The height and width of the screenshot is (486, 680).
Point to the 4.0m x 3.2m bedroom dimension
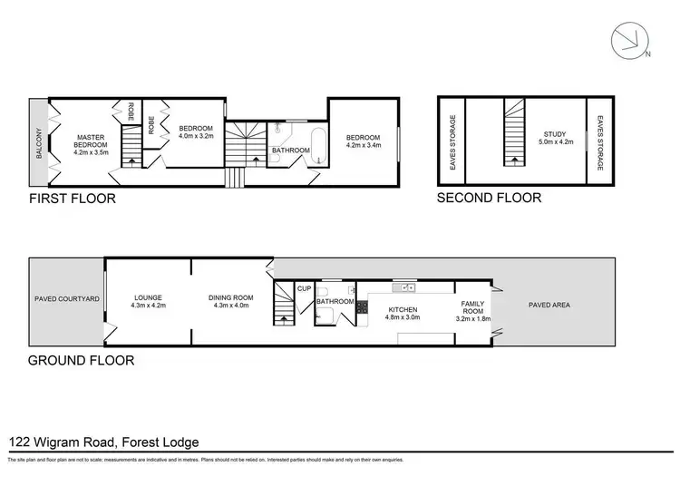195,136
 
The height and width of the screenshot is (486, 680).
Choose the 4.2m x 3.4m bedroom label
364,141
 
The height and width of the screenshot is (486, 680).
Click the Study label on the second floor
552,138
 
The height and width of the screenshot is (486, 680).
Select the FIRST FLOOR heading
73,199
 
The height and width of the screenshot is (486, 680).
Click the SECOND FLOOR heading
489,198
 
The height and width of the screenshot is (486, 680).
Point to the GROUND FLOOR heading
82,360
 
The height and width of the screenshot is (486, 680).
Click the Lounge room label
147,301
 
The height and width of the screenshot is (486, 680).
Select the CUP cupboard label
304,289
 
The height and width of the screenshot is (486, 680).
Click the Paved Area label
549,305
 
